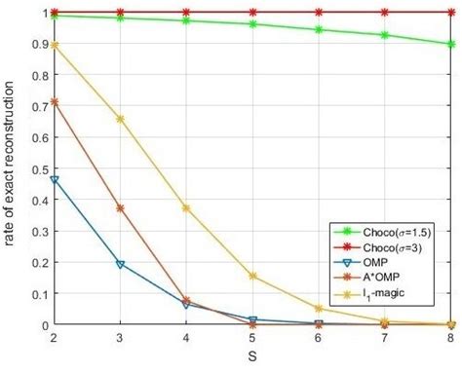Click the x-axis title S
point(252,358)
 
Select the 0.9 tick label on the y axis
point(36,44)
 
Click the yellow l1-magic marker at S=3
point(120,119)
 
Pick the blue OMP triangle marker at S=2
point(54,180)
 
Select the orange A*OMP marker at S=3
point(120,208)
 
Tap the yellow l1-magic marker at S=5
point(252,276)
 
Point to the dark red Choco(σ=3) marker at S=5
point(252,12)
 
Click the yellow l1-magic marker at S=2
point(54,45)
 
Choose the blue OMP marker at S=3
point(120,264)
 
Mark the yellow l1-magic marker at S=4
point(186,208)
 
